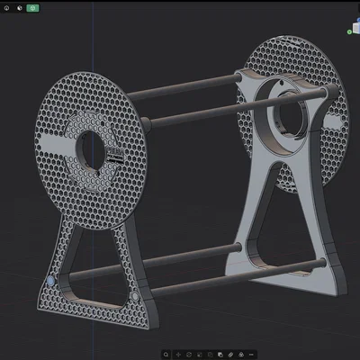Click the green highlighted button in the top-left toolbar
pyautogui.click(x=33, y=8)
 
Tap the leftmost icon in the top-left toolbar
pyautogui.click(x=8, y=8)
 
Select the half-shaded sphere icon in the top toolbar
pyautogui.click(x=20, y=8)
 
